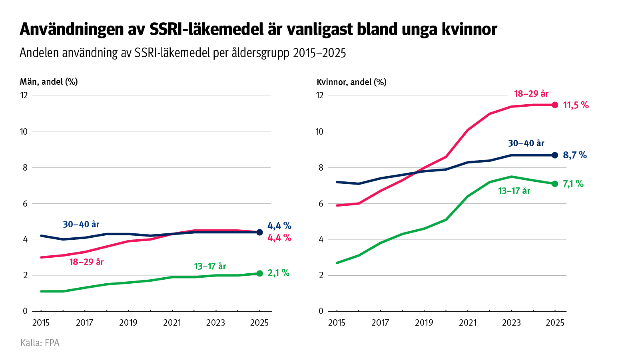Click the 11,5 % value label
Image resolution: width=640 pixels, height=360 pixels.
coord(575,105)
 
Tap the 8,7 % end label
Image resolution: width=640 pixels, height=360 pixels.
coord(574,155)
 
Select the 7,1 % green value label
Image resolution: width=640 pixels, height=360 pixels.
coord(573,184)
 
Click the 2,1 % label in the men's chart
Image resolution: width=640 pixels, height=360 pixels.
coord(278,273)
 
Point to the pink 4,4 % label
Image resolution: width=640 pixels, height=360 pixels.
coord(279,238)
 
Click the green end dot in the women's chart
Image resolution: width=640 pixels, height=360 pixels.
coord(555,184)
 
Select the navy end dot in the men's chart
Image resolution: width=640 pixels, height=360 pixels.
coord(259,232)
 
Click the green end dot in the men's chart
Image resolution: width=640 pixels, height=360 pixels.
coord(259,273)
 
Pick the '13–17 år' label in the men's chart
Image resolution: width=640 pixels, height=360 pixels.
coord(210,267)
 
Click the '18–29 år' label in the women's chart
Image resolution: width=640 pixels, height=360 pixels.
coord(531,94)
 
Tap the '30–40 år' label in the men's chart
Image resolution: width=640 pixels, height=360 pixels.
coord(81,225)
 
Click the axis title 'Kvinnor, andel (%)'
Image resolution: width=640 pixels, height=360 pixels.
coord(351,82)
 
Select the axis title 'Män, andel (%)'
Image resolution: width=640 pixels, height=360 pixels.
coord(49,82)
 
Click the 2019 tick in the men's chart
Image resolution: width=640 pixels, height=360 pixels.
coord(128,323)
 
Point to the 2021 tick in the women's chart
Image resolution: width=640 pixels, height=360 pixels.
coord(468,323)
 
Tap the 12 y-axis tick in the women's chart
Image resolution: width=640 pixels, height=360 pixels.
coord(319,95)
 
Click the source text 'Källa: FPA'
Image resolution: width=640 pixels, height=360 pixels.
coord(40,343)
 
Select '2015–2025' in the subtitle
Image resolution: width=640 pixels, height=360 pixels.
coord(319,53)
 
